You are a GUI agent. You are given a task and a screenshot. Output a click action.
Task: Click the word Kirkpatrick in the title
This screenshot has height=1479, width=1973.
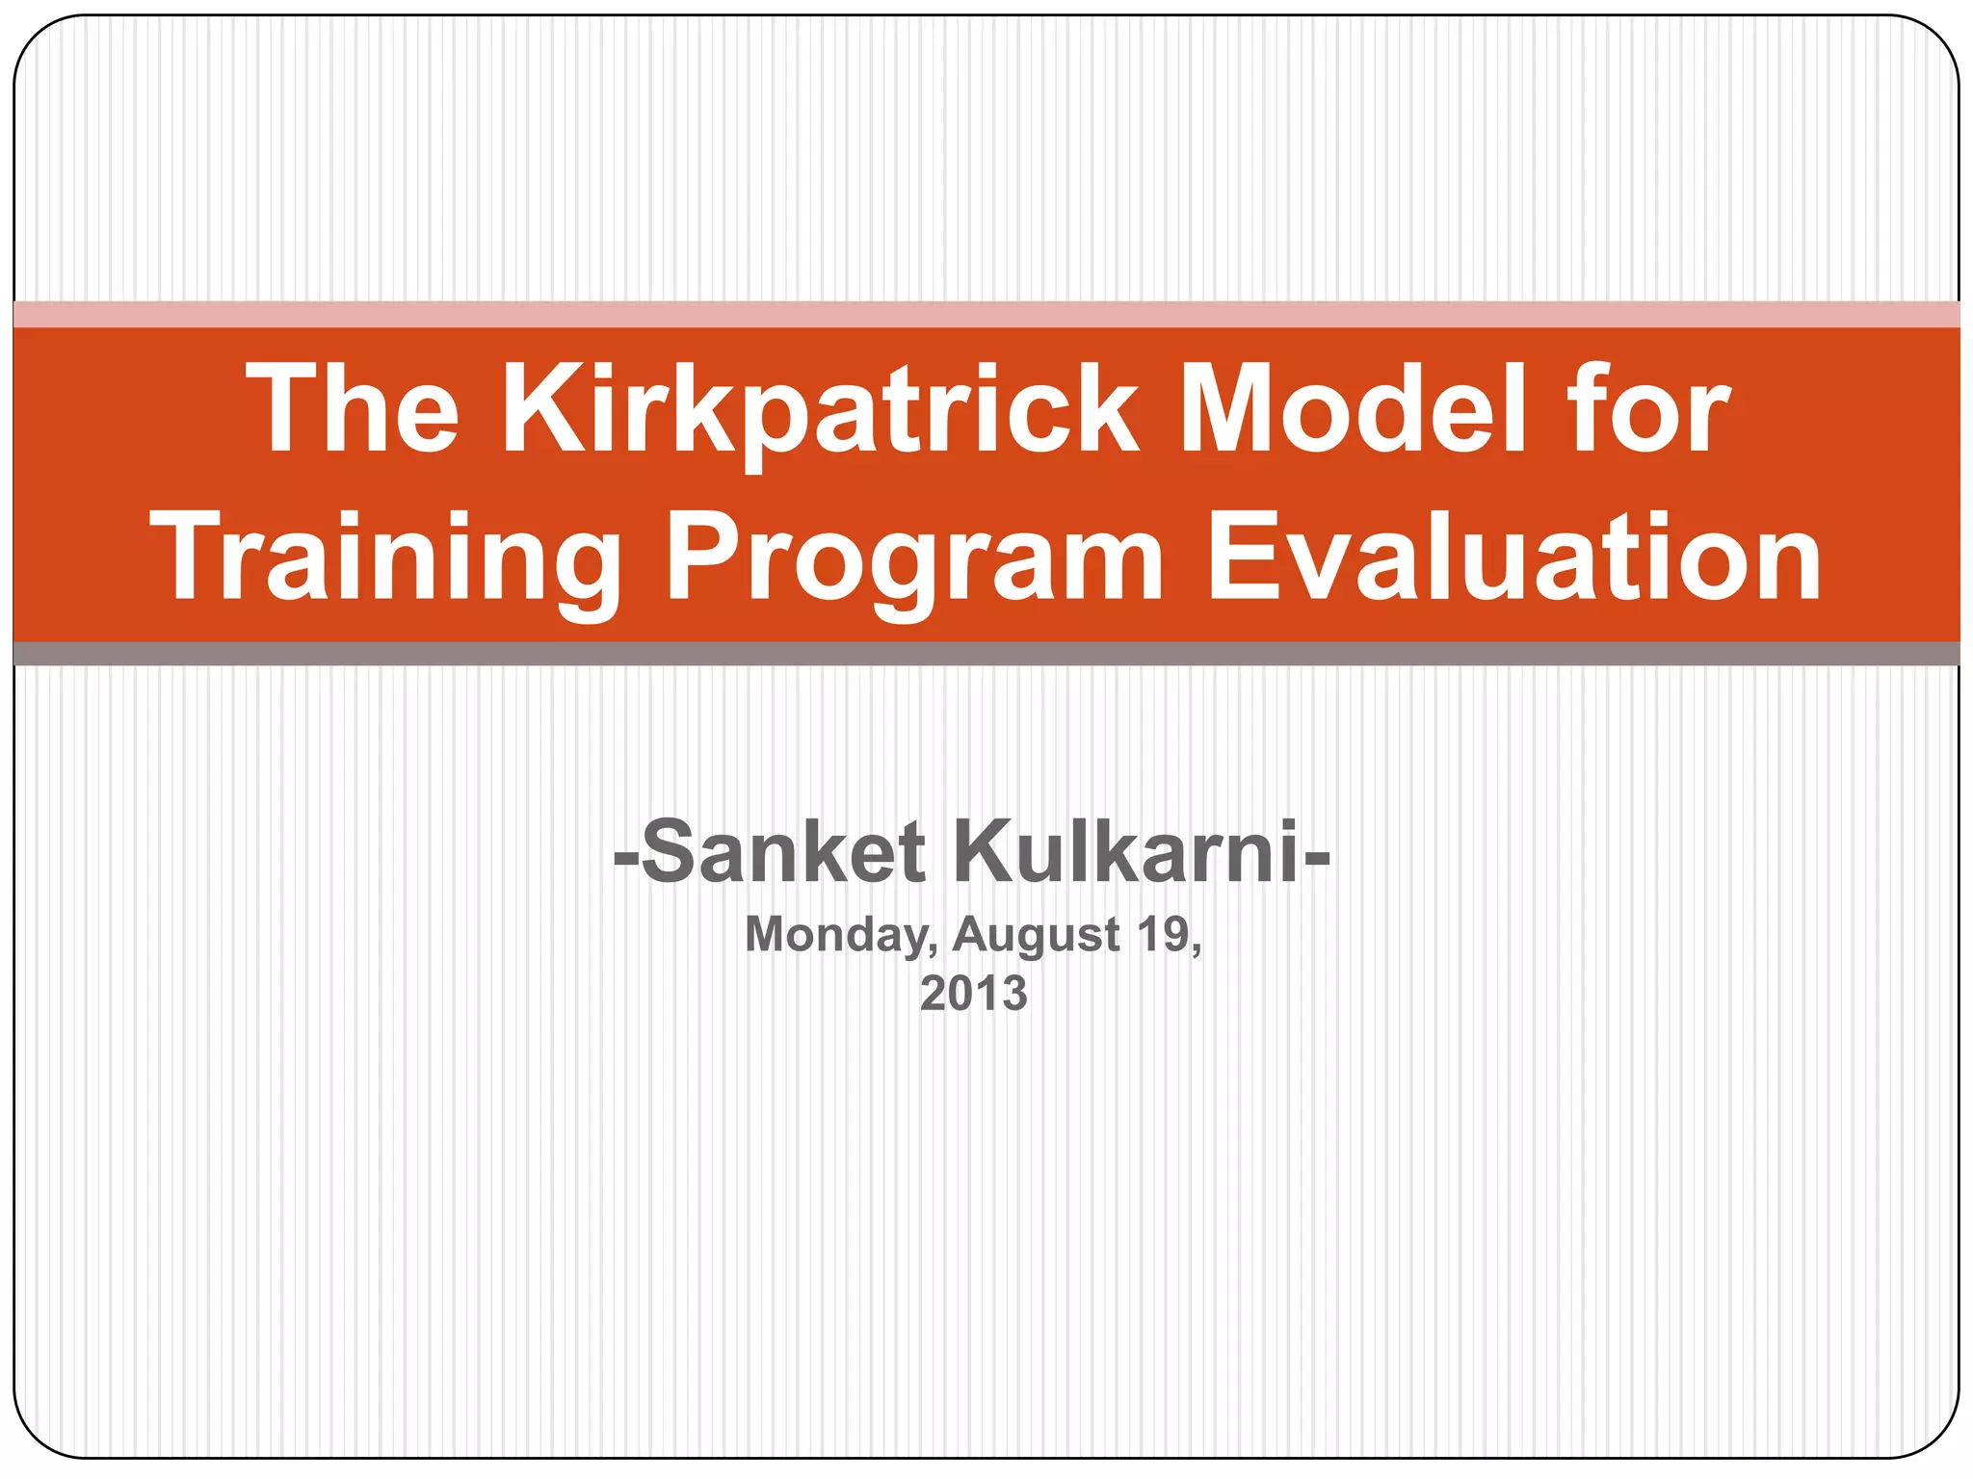coord(819,409)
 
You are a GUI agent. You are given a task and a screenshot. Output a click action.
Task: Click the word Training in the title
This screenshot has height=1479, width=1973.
coord(386,558)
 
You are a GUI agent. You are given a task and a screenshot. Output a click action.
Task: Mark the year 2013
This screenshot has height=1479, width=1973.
coord(974,994)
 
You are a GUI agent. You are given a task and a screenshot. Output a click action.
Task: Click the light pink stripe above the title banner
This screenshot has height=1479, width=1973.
coord(986,315)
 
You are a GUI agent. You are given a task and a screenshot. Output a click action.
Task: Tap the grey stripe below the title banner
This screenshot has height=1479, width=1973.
coord(986,654)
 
